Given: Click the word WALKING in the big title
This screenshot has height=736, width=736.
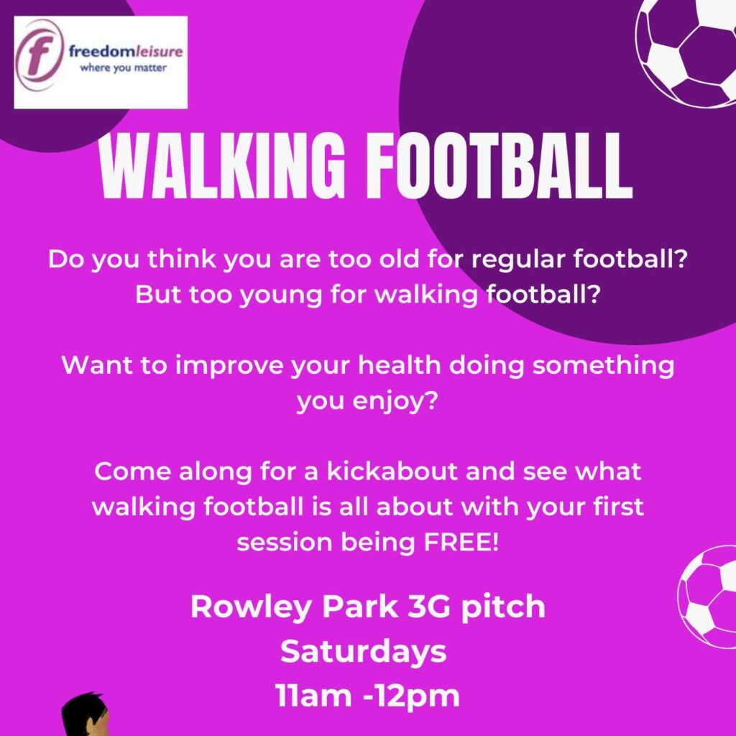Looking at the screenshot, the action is click(222, 165).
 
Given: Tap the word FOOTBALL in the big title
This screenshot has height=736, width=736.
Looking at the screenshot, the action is click(500, 165).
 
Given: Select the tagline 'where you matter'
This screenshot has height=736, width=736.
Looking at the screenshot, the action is click(124, 68).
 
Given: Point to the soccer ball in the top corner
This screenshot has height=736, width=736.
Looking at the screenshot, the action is click(686, 52).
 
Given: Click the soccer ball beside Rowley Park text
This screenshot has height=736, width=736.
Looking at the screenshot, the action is click(707, 597).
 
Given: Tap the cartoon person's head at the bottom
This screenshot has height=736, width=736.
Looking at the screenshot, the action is click(86, 715).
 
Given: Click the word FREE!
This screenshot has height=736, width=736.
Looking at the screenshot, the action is click(460, 542).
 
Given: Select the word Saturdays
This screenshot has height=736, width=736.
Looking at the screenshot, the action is click(363, 653).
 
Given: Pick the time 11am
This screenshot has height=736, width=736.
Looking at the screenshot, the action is click(313, 695).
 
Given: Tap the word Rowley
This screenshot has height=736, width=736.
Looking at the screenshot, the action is click(251, 607).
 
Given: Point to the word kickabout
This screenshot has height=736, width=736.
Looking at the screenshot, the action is click(392, 471).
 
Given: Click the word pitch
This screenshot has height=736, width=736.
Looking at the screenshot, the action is click(502, 607).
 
